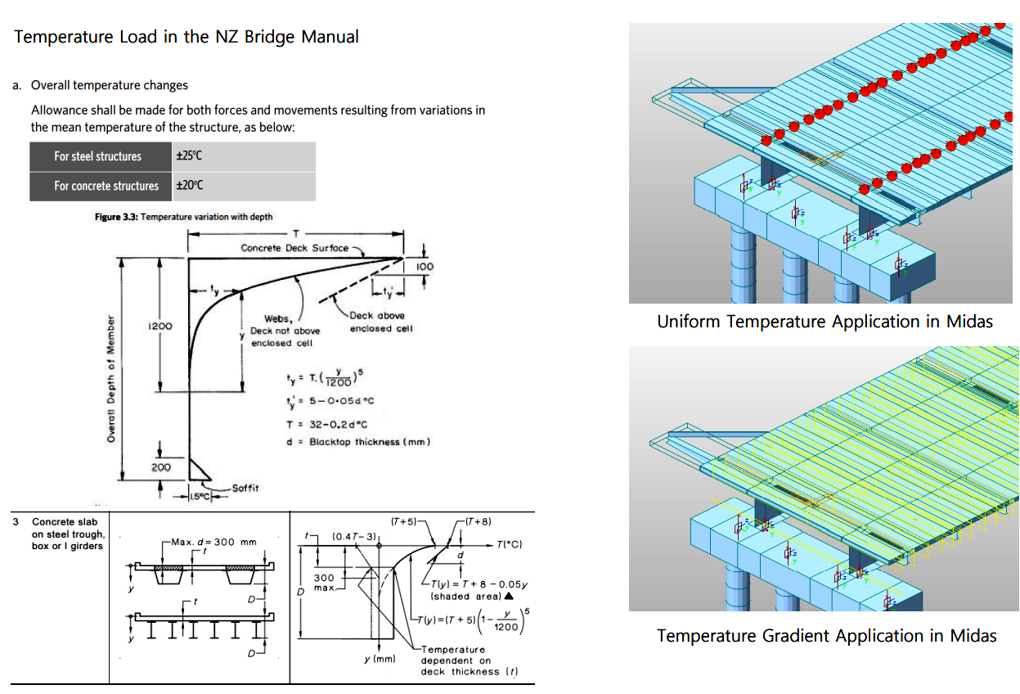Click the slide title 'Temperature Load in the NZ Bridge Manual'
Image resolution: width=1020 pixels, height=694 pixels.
point(186,37)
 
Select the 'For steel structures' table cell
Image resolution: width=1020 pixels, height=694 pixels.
point(97,156)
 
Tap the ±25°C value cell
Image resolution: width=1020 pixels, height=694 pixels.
point(189,156)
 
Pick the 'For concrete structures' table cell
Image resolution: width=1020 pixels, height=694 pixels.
point(106,186)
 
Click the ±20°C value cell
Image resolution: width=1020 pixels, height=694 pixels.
point(189,186)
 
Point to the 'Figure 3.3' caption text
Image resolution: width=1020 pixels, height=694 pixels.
point(184,217)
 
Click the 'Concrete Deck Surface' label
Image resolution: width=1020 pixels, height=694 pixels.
point(294,247)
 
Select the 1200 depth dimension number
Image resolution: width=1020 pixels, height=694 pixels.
point(160,326)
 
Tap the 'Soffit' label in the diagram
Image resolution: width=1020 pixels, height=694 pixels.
point(245,488)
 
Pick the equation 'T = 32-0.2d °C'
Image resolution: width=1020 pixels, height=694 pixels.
point(326,424)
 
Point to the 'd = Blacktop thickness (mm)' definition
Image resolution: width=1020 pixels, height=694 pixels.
point(357,442)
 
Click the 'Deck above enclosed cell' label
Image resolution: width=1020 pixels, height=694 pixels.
point(377,322)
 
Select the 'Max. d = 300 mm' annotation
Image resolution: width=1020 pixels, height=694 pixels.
point(214,542)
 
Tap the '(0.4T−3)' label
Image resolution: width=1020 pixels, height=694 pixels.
point(353,536)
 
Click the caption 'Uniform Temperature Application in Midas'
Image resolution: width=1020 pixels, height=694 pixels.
point(825,322)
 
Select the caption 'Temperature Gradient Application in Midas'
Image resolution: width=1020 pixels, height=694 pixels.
point(826,636)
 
